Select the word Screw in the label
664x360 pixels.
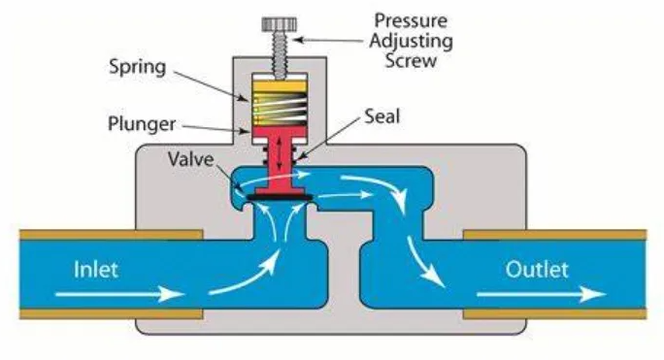pos(411,61)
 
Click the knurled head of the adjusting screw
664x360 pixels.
pos(279,21)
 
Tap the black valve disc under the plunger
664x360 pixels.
pos(279,197)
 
